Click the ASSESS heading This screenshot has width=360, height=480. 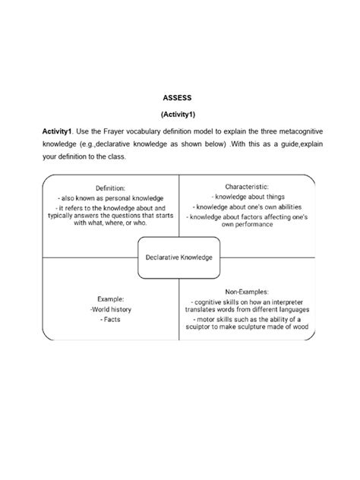pyautogui.click(x=180, y=98)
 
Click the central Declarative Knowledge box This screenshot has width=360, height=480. pyautogui.click(x=179, y=257)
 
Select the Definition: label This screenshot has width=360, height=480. pyautogui.click(x=111, y=188)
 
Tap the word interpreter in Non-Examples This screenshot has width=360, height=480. pyautogui.click(x=288, y=301)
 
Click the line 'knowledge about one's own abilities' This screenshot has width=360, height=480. pyautogui.click(x=247, y=207)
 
